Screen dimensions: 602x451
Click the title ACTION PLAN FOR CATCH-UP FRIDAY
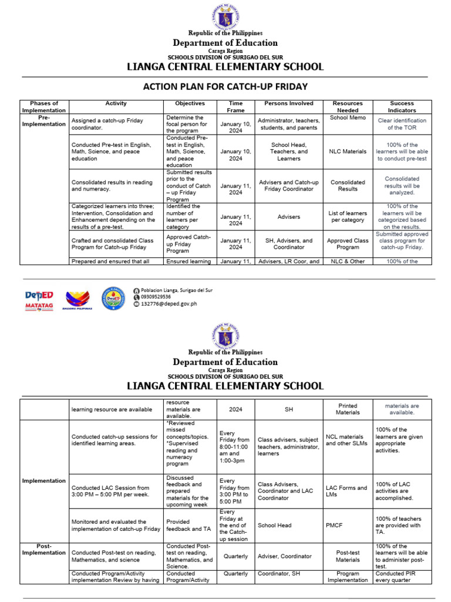[x=225, y=86]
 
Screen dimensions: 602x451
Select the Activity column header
[x=116, y=103]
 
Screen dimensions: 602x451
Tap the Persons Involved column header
[x=288, y=103]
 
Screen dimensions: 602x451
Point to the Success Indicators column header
[x=402, y=106]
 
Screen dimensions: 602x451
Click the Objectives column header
[x=190, y=103]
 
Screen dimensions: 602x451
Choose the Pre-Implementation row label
[x=44, y=121]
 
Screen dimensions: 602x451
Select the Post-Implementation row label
[x=44, y=549]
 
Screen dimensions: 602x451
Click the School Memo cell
[x=347, y=118]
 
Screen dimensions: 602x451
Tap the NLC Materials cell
[x=347, y=151]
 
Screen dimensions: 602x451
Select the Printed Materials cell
[x=347, y=409]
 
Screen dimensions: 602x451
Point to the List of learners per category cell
[x=347, y=217]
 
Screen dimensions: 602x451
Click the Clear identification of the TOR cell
[x=402, y=123]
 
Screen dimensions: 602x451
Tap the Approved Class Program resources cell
[x=347, y=244]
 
